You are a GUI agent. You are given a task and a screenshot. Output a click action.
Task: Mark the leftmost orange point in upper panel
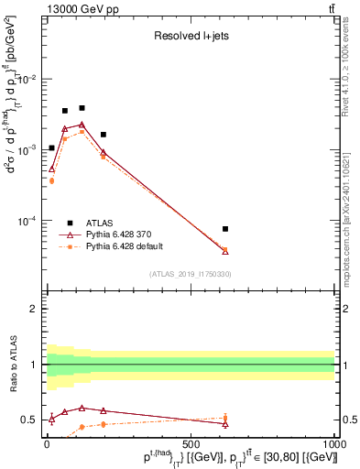[51, 180]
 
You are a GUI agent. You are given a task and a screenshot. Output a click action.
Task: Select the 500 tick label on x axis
[191, 443]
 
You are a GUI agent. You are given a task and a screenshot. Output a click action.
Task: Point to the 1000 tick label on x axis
[333, 443]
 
